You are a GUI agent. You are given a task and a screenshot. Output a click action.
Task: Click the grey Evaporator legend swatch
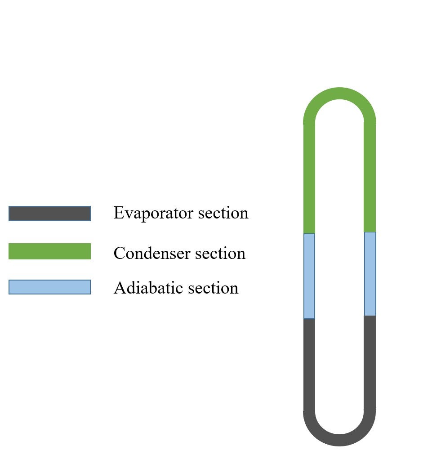click(49, 214)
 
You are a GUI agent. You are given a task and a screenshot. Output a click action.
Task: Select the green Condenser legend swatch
click(49, 251)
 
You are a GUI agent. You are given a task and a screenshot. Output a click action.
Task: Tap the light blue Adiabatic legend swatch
click(49, 287)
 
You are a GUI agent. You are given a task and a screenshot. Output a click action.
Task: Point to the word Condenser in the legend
click(151, 253)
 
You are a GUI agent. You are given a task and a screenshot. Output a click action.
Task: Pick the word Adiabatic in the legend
click(148, 288)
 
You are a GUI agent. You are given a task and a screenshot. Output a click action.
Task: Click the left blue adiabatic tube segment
click(309, 276)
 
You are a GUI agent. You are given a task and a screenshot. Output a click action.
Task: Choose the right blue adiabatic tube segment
click(370, 274)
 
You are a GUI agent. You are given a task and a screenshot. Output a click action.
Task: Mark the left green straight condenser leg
click(309, 178)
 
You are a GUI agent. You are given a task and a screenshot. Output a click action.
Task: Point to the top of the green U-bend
click(339, 93)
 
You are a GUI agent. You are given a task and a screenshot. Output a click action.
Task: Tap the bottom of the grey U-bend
click(339, 440)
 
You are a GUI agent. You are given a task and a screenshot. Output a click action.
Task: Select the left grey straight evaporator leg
click(309, 364)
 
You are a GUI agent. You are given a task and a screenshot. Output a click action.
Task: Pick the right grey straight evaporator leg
click(370, 362)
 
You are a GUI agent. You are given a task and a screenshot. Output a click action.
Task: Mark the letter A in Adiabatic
click(119, 288)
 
